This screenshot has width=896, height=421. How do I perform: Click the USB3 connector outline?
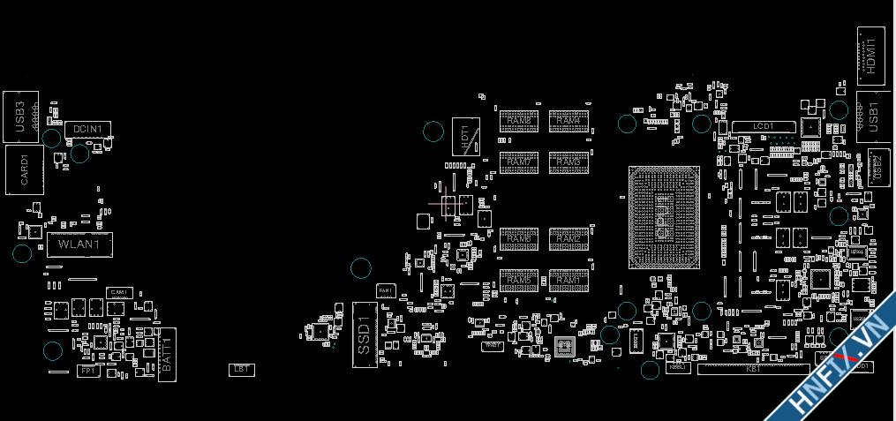[x=20, y=117]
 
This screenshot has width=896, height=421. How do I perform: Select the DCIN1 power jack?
[x=88, y=130]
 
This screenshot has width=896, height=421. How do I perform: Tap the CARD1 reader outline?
[x=25, y=169]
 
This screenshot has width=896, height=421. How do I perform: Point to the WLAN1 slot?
[x=79, y=244]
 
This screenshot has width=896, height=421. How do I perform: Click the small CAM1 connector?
[x=119, y=292]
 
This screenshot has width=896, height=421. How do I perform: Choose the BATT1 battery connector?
[x=167, y=354]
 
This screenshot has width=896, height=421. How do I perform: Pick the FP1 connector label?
[x=87, y=372]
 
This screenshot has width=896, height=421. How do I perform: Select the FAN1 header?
[x=385, y=289]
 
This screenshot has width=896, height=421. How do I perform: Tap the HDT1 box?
[x=465, y=136]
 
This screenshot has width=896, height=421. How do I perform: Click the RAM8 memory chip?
[x=519, y=121]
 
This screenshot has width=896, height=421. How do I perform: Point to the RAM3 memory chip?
[x=568, y=162]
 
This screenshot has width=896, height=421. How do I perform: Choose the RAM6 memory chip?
[x=519, y=239]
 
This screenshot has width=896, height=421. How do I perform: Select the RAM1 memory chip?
[x=568, y=281]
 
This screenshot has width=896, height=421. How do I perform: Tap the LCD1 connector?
[x=764, y=127]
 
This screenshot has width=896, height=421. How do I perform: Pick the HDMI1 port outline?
[x=871, y=55]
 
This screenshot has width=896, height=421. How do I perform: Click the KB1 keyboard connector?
[x=754, y=369]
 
